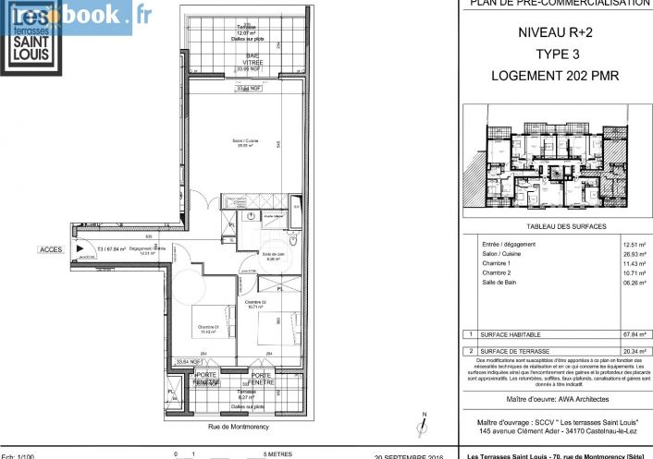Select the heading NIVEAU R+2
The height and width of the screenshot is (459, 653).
pyautogui.click(x=552, y=33)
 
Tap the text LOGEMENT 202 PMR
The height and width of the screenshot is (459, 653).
pyautogui.click(x=552, y=75)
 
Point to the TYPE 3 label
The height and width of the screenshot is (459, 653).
pyautogui.click(x=552, y=54)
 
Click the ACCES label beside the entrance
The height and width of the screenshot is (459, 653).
pyautogui.click(x=50, y=249)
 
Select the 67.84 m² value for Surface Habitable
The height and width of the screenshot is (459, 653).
pyautogui.click(x=635, y=334)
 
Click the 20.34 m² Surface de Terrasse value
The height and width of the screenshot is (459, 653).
pyautogui.click(x=635, y=351)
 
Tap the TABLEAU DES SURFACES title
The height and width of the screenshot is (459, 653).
pyautogui.click(x=553, y=226)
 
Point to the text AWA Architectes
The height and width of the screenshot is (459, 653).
pyautogui.click(x=573, y=398)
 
